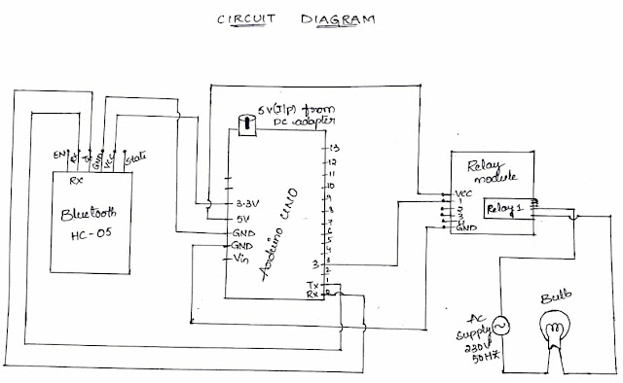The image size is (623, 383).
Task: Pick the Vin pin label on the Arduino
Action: pyautogui.click(x=242, y=261)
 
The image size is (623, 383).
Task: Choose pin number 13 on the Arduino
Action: pyautogui.click(x=333, y=146)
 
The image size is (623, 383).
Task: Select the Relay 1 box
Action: pyautogui.click(x=505, y=208)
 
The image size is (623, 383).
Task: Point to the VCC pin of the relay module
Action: pyautogui.click(x=464, y=194)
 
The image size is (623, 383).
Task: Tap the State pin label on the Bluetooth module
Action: pyautogui.click(x=135, y=156)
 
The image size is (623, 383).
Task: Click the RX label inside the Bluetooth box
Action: pyautogui.click(x=74, y=180)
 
